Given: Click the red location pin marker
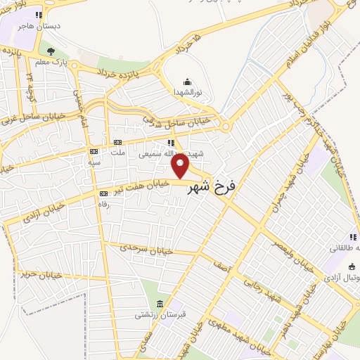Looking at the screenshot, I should [x=181, y=166].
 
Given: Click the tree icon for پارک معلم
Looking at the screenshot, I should [x=50, y=51].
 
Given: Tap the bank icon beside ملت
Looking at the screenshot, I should [x=117, y=143].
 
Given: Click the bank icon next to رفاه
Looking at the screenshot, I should [x=104, y=193].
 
